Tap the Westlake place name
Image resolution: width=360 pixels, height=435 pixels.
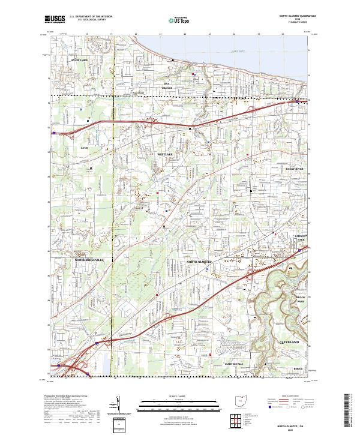coord(165,154)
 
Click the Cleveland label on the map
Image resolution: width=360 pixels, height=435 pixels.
coord(289,341)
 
